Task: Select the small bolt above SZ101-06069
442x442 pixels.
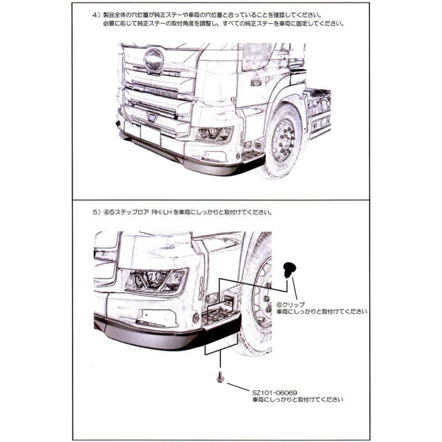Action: pos(220,377)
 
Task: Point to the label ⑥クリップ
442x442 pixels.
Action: pos(291,304)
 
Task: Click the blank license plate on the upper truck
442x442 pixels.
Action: pos(150,134)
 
